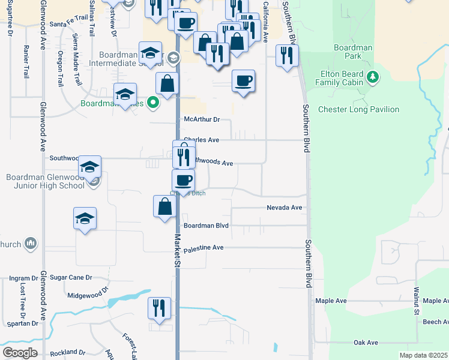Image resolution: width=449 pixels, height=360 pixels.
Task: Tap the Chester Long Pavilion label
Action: pyautogui.click(x=358, y=109)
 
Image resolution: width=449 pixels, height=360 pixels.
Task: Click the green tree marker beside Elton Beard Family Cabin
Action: pyautogui.click(x=373, y=77)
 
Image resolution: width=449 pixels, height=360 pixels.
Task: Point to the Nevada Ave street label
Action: pyautogui.click(x=284, y=208)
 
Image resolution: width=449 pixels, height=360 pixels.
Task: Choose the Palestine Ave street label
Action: pyautogui.click(x=203, y=247)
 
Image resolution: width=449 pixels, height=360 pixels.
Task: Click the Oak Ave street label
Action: pyautogui.click(x=366, y=342)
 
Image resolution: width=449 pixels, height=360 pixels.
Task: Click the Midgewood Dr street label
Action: pyautogui.click(x=87, y=292)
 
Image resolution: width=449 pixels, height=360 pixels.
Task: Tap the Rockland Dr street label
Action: pyautogui.click(x=68, y=352)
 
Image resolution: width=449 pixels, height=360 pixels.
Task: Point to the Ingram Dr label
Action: pyautogui.click(x=23, y=278)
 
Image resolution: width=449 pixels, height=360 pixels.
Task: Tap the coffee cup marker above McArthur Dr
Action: pyautogui.click(x=243, y=81)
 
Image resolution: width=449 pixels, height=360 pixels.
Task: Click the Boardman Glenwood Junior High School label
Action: pyautogui.click(x=46, y=181)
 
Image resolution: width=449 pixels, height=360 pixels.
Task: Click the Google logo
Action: pyautogui.click(x=20, y=352)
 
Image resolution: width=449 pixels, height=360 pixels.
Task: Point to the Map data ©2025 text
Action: pyautogui.click(x=423, y=355)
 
